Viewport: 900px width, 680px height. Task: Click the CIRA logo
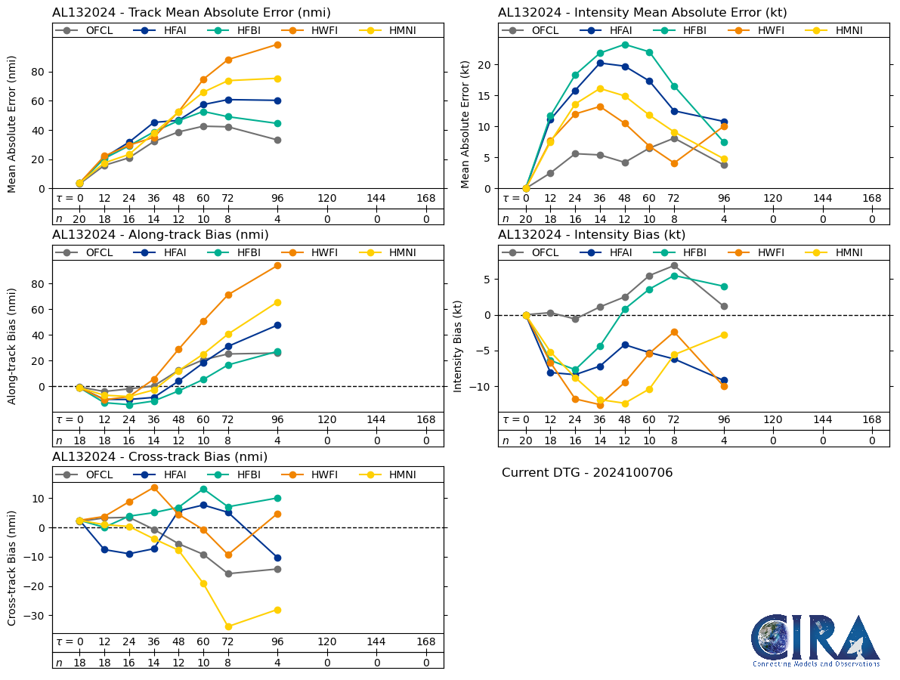[x=815, y=639]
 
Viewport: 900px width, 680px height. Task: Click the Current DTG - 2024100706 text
[x=587, y=473]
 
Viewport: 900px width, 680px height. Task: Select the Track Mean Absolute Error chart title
[x=191, y=13]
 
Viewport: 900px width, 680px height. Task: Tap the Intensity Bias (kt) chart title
[x=592, y=235]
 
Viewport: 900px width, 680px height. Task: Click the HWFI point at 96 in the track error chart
[x=277, y=45]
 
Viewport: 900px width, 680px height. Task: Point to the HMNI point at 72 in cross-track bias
[x=228, y=626]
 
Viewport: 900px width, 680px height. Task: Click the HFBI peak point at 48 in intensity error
[x=625, y=45]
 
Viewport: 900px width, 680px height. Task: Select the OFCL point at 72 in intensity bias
[x=674, y=265]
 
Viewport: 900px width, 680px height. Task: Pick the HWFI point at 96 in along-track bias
[x=277, y=265]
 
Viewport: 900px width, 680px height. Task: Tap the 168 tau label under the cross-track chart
[x=425, y=642]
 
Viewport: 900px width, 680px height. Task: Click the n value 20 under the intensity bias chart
[x=526, y=440]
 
